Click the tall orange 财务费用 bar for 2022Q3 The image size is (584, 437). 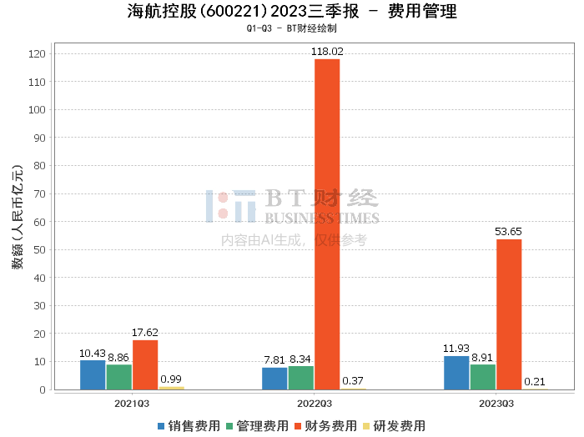coord(327,224)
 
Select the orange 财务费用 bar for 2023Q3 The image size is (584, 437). coord(509,314)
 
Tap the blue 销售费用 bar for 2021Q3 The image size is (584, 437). coord(93,374)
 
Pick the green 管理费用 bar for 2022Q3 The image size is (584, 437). coord(301,378)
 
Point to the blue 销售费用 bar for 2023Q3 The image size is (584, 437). coord(456,373)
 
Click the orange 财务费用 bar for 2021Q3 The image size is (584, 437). coord(145,364)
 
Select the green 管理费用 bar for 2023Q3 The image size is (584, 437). coord(483,377)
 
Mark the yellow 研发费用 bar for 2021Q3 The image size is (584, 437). coord(172,389)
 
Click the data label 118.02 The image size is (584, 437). coord(327,52)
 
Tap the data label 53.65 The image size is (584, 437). coord(508,232)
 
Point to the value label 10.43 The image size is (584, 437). coord(93,354)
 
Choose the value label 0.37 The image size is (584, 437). coord(353,381)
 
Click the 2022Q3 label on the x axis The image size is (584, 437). coord(315,404)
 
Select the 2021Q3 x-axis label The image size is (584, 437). coord(132,404)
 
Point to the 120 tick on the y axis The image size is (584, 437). coord(37,54)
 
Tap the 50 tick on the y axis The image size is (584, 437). coord(39,249)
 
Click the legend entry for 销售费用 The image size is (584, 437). coord(189,426)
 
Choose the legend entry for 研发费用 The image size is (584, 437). coord(394,426)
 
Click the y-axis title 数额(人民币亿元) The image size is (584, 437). coord(18,217)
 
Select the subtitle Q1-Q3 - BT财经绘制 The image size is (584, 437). coord(292,28)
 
